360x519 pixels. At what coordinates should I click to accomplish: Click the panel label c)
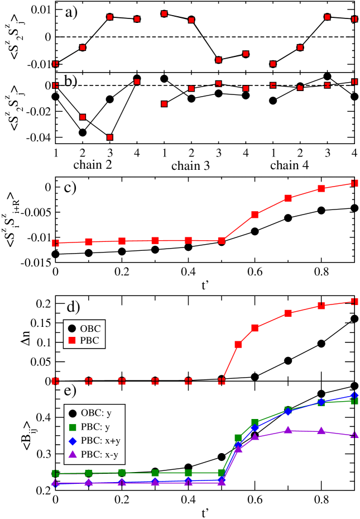click(x=70, y=188)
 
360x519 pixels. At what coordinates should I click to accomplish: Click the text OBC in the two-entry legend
click(x=90, y=328)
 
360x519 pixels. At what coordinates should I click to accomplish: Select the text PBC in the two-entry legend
click(x=90, y=340)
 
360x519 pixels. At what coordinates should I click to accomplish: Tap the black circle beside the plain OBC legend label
click(x=72, y=328)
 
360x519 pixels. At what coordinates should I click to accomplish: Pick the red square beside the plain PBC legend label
click(x=72, y=340)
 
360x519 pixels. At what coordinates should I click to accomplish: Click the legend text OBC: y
click(x=96, y=413)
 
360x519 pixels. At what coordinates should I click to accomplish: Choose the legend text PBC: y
click(x=96, y=427)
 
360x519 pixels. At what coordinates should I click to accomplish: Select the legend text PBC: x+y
click(x=99, y=441)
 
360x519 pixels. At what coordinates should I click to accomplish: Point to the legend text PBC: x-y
click(x=99, y=454)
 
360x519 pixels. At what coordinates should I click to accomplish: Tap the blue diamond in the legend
click(x=73, y=441)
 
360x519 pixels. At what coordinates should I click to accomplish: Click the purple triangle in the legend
click(x=73, y=454)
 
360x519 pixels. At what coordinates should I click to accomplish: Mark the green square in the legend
click(x=73, y=427)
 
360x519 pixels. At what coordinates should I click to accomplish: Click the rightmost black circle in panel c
click(x=354, y=208)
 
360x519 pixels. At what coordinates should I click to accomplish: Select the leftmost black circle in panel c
click(x=55, y=254)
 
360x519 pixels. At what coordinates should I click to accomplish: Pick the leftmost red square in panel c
click(x=55, y=243)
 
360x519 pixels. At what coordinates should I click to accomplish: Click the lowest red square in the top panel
click(x=110, y=137)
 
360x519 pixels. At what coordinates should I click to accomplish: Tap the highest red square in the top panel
click(x=164, y=13)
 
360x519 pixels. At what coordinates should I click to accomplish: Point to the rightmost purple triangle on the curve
click(x=354, y=435)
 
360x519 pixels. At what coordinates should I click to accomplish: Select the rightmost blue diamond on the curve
click(x=354, y=395)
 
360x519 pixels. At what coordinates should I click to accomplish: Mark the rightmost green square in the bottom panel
click(x=354, y=401)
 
